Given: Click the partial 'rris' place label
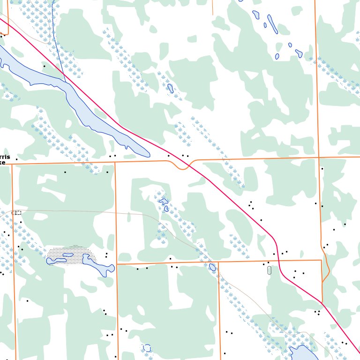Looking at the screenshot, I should (5, 157).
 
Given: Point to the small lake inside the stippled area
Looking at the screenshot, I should (68, 255).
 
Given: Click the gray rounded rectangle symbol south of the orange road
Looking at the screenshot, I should (269, 270).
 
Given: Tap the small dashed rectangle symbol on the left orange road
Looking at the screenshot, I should (17, 213).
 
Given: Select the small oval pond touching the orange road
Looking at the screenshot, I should (212, 267).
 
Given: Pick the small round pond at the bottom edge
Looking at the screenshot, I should (147, 348).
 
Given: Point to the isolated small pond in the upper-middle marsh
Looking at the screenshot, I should (171, 88).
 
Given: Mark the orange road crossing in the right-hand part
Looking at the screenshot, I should (319, 157).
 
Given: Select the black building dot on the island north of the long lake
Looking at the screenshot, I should (45, 66).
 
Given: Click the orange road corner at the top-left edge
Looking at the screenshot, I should (7, 34).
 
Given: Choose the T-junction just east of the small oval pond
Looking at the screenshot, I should (218, 262).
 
